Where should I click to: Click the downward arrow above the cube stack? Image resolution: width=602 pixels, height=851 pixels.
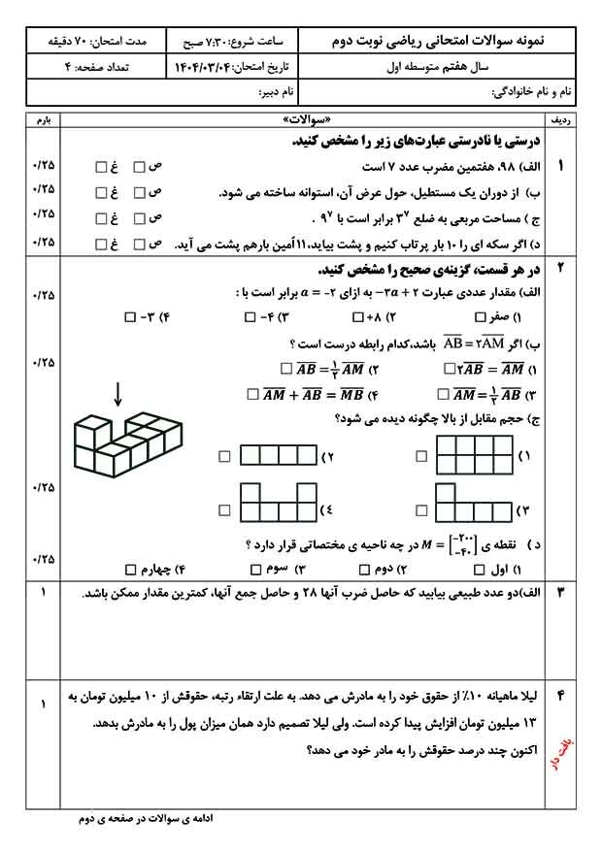tap(117, 393)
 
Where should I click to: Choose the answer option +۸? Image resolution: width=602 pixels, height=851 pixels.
tap(373, 317)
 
